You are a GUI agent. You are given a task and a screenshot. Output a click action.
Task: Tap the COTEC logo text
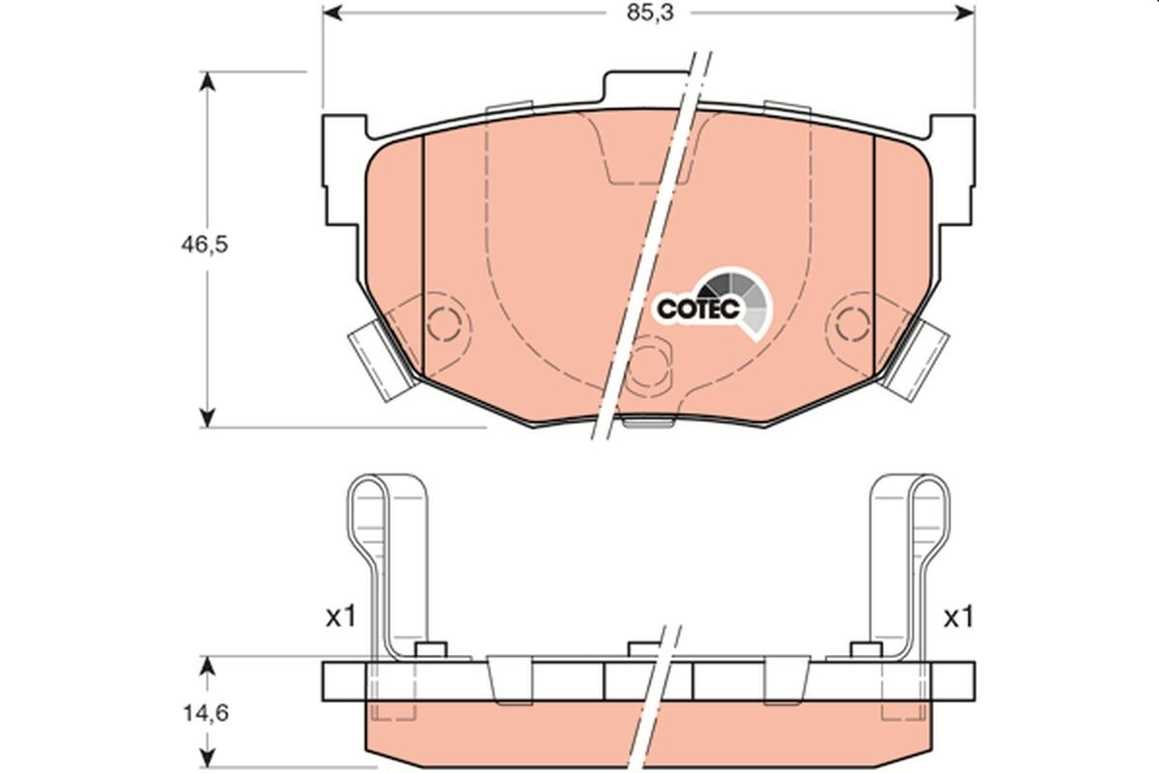point(698,308)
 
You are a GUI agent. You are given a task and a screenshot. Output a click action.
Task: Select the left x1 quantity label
point(340,617)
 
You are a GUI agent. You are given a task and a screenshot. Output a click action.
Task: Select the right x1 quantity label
point(956,617)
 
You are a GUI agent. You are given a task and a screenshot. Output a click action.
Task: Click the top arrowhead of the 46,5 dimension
point(206,80)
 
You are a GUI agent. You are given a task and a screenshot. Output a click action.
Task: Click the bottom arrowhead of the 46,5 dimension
point(206,417)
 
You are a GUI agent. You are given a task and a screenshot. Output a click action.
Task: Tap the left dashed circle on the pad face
point(443,324)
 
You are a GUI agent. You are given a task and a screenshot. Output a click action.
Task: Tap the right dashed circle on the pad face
point(853,324)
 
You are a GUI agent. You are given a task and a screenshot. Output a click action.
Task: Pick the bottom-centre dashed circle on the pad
point(649,365)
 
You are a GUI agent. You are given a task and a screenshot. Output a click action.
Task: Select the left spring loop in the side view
point(370,541)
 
